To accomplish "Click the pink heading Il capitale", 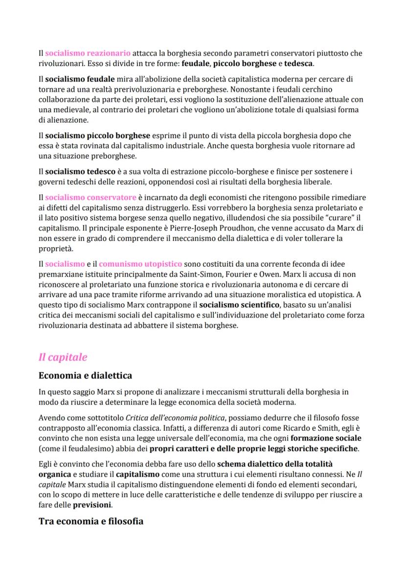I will (x=63, y=357).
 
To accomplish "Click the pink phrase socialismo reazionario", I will (x=88, y=53).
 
